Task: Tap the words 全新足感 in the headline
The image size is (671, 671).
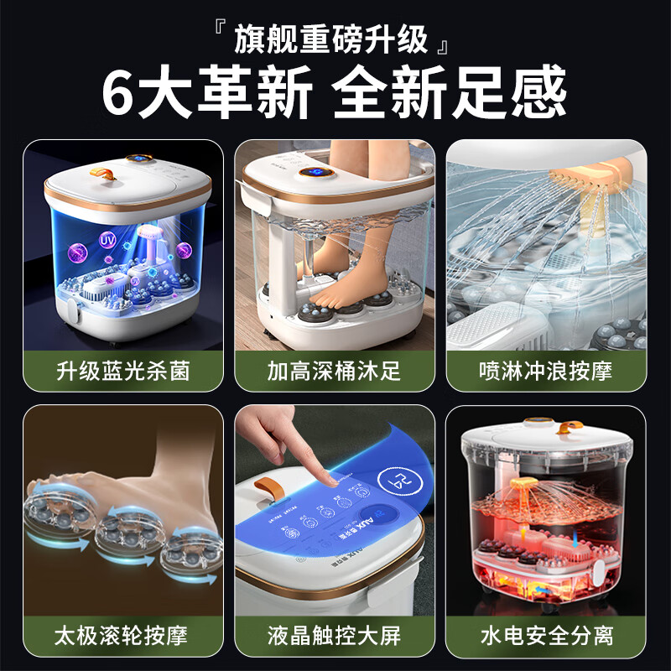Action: (450, 93)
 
